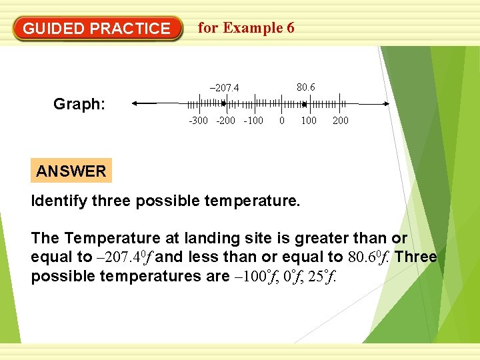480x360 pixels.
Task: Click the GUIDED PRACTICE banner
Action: [97, 29]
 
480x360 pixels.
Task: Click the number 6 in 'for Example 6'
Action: [289, 27]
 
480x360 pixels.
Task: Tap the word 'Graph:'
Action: [79, 105]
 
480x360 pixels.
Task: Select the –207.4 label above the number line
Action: [225, 88]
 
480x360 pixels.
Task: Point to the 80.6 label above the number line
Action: [306, 87]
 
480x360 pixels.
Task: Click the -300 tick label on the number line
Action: [198, 121]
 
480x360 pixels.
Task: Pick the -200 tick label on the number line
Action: [226, 121]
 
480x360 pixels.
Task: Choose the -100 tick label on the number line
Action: [253, 121]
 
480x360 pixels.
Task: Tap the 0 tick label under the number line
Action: [282, 121]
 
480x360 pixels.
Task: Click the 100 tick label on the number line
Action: [309, 121]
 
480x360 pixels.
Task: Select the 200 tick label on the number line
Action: [340, 121]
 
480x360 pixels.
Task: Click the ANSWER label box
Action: [71, 171]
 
